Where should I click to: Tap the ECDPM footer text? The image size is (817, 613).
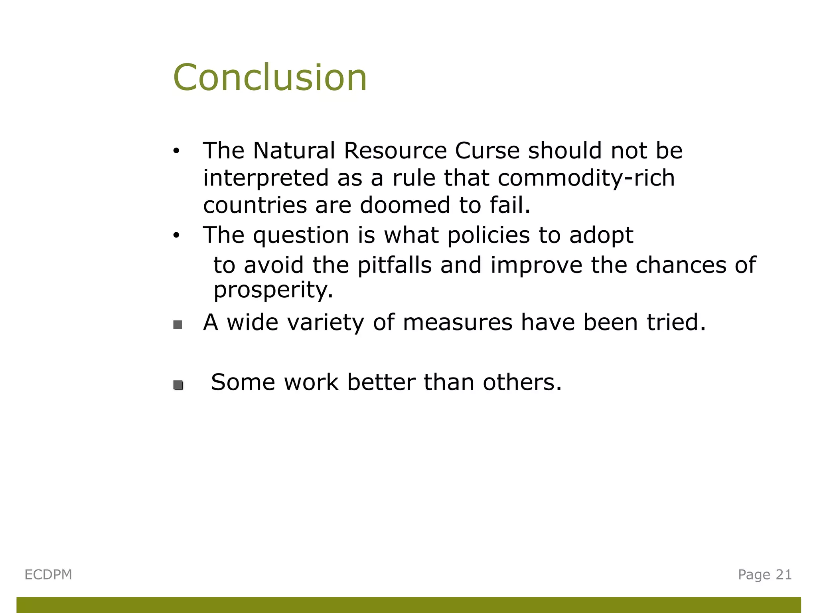point(48,575)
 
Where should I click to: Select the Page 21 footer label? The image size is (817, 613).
point(764,575)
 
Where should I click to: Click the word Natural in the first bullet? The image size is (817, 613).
point(294,151)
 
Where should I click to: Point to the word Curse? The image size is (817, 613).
point(487,151)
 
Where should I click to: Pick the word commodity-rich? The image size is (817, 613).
point(586,178)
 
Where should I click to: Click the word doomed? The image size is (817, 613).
point(405,205)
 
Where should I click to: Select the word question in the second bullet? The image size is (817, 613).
point(301,235)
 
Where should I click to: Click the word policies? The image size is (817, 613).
point(488,235)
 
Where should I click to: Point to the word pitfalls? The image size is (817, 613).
point(394,265)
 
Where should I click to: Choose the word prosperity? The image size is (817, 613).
point(273,290)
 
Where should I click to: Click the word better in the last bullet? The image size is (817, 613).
point(381,382)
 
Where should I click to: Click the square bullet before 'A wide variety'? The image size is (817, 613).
point(178,325)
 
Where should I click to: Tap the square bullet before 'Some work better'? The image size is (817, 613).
point(178,385)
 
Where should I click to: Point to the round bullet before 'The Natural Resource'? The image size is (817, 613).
point(176,152)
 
